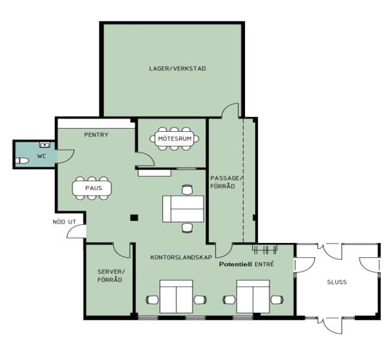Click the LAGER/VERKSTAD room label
177,69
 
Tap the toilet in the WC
22,161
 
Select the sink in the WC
45,145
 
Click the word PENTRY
96,135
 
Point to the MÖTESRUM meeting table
174,138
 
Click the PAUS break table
92,188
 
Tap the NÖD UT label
64,222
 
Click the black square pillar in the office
134,218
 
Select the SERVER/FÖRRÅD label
110,276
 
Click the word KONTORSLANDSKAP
182,257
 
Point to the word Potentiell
235,264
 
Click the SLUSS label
337,282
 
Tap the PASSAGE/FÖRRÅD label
227,182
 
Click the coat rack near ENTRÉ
264,249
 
